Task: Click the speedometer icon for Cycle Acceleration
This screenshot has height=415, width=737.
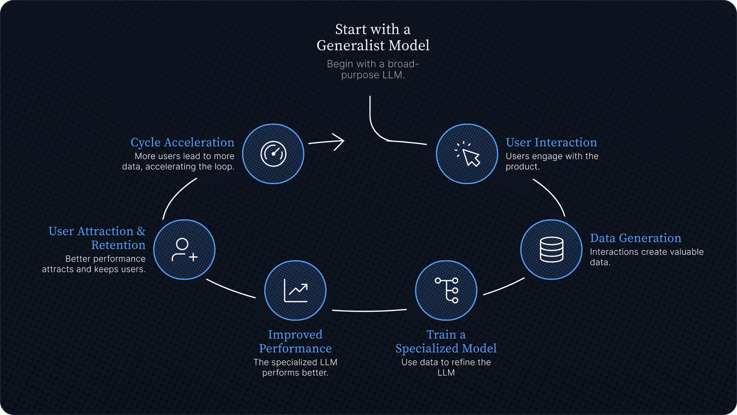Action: [x=273, y=154]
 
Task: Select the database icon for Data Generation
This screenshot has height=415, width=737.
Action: [x=551, y=249]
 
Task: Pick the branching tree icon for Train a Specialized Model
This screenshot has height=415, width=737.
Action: [x=446, y=290]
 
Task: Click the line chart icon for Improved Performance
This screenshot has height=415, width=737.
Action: [x=296, y=290]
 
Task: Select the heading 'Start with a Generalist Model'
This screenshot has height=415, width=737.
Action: [x=373, y=37]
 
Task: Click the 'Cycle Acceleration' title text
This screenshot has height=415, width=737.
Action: [x=182, y=142]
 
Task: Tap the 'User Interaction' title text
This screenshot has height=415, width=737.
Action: [x=551, y=142]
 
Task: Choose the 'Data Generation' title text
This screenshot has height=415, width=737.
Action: [x=635, y=238]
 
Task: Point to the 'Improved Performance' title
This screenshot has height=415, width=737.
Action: [x=295, y=342]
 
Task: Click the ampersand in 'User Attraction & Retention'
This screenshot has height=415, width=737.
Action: [x=141, y=231]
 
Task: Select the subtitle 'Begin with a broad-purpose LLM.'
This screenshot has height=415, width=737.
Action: [x=373, y=69]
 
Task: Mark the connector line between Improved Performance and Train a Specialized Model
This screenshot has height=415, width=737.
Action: [x=369, y=311]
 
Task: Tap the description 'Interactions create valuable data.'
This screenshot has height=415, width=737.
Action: [x=647, y=257]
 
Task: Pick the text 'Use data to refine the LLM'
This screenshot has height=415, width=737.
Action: [x=446, y=367]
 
